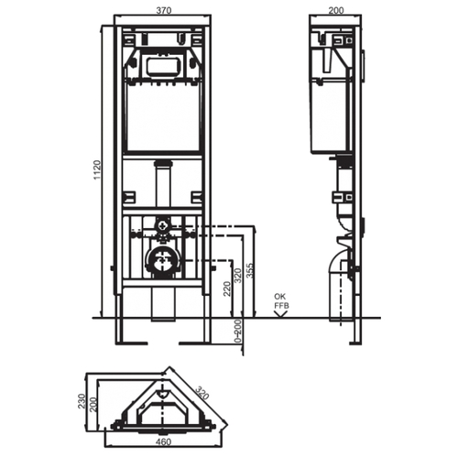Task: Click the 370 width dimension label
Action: (164, 10)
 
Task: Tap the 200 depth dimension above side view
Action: (336, 10)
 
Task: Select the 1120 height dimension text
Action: (97, 169)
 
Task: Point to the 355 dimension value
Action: (250, 270)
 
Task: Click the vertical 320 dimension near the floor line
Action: (238, 275)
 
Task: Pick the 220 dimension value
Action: (227, 289)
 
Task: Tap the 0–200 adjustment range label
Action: (238, 332)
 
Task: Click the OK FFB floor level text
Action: (281, 301)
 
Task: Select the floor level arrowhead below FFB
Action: (281, 314)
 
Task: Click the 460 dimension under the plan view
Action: (164, 442)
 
